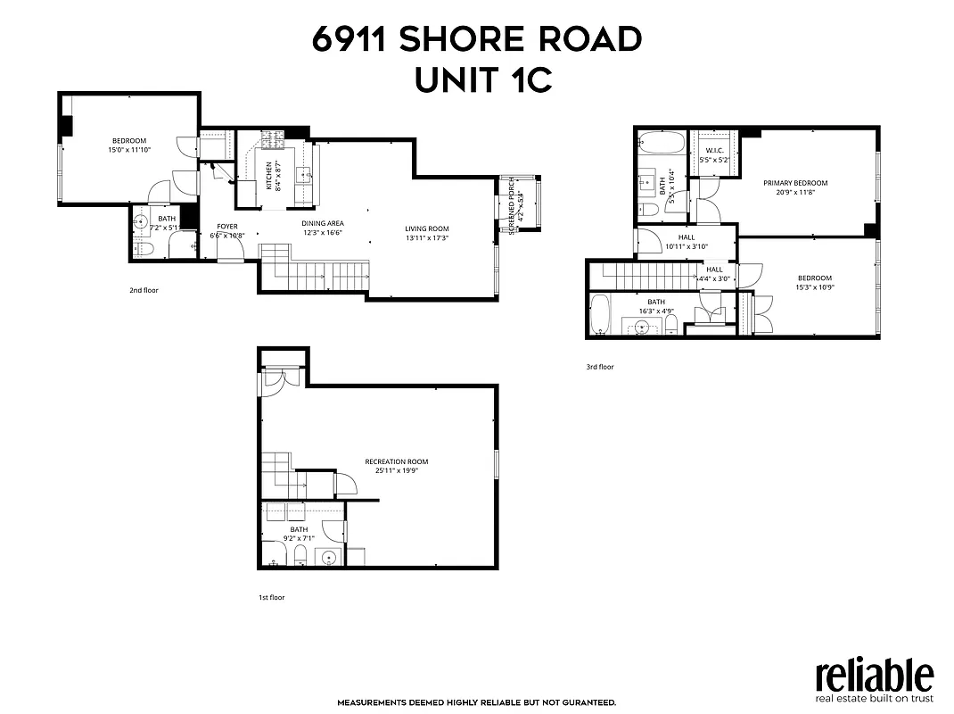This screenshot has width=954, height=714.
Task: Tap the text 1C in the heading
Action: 526,80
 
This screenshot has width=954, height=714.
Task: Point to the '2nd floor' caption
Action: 144,290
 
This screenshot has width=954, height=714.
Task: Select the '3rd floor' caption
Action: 599,367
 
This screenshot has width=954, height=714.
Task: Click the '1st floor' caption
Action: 271,597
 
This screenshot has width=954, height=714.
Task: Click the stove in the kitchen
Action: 271,141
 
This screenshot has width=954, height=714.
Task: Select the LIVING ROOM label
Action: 427,228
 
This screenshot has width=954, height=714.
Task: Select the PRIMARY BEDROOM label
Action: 794,183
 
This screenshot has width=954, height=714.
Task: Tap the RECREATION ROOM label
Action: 396,461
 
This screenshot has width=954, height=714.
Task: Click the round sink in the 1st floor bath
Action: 329,559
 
